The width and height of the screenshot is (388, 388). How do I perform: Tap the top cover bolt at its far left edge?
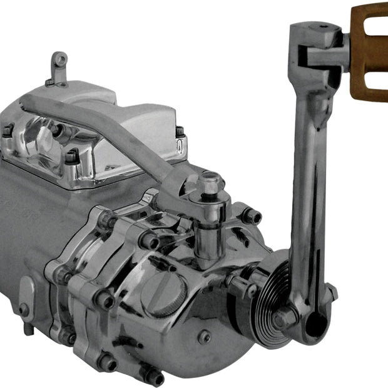pyautogui.click(x=8, y=131)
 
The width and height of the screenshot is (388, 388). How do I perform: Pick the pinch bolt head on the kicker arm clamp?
pyautogui.click(x=332, y=291)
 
